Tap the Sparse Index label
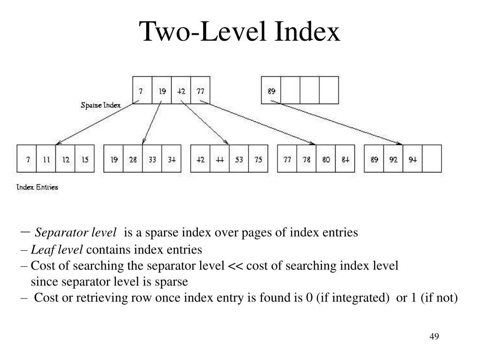point(100,105)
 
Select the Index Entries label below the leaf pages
point(37,187)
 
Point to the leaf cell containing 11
point(46,159)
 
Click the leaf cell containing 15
point(85,159)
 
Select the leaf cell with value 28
point(133,159)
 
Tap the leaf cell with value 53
point(239,159)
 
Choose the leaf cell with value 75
point(258,159)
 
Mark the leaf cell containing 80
point(326,159)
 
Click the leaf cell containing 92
point(393,159)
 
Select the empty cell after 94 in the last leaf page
point(432,159)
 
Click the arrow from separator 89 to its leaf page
point(337,123)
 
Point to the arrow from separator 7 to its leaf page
point(96,123)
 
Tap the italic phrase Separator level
point(76,232)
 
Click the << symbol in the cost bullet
point(235,266)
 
